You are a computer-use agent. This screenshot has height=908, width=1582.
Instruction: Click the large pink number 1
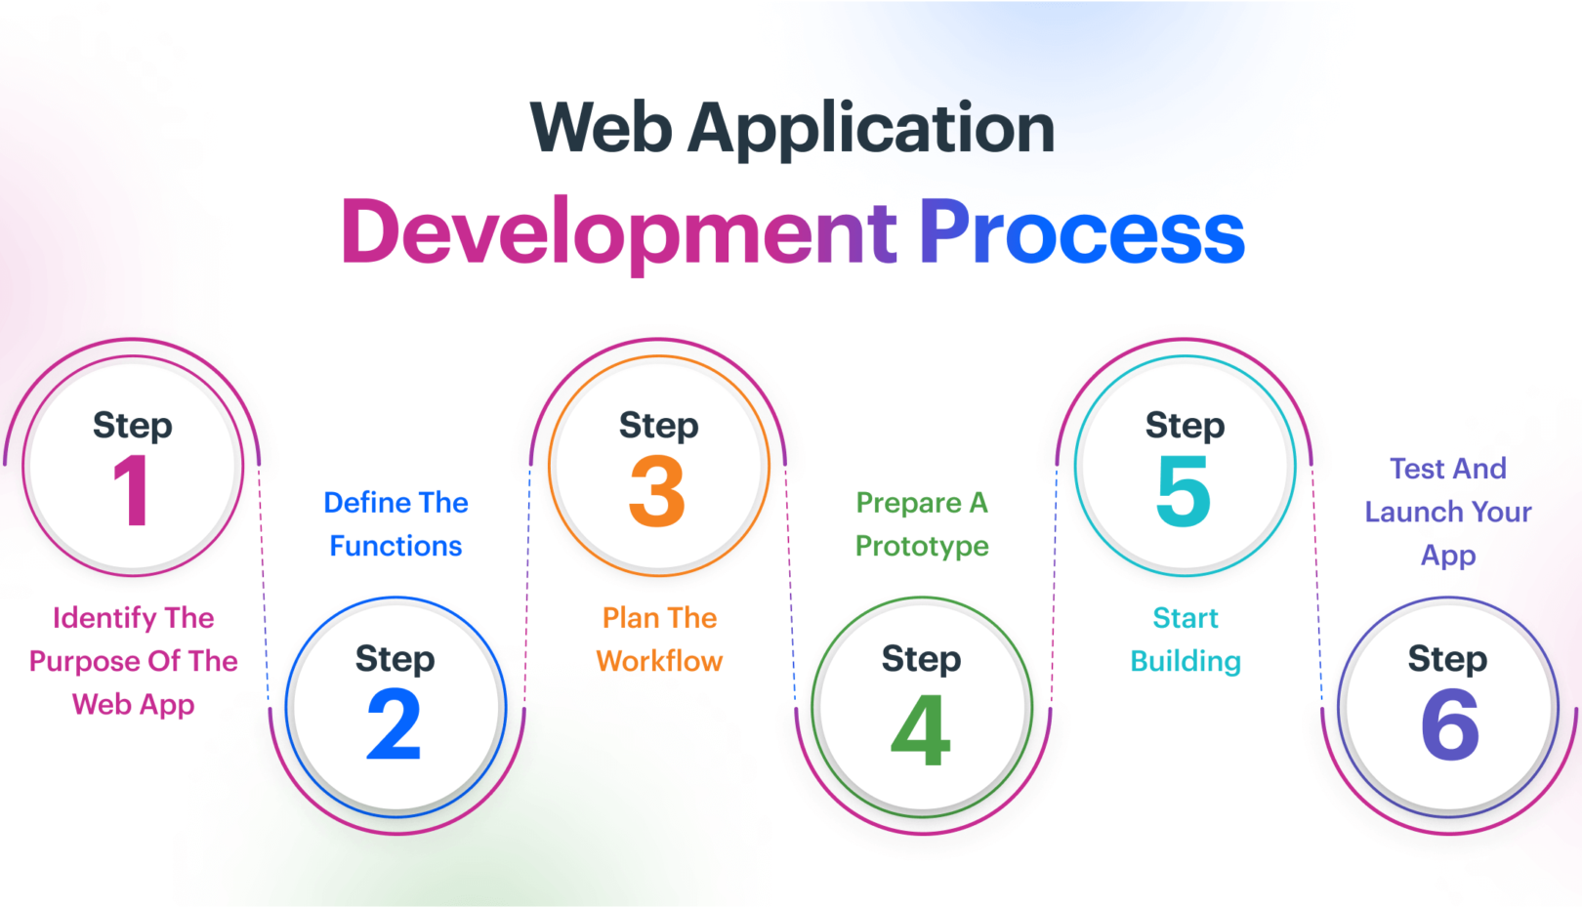[133, 490]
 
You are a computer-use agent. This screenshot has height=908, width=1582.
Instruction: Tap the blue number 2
[395, 724]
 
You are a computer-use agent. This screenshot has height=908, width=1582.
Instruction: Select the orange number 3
[657, 491]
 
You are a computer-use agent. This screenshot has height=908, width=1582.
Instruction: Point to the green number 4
[921, 730]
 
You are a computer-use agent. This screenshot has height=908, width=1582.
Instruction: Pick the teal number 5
[1184, 491]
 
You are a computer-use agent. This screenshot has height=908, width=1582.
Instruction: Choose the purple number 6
[1449, 724]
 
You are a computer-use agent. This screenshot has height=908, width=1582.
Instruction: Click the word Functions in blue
[395, 546]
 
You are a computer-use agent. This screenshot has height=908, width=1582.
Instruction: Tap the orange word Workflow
[659, 661]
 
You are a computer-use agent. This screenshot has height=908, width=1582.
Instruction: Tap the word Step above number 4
[921, 660]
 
